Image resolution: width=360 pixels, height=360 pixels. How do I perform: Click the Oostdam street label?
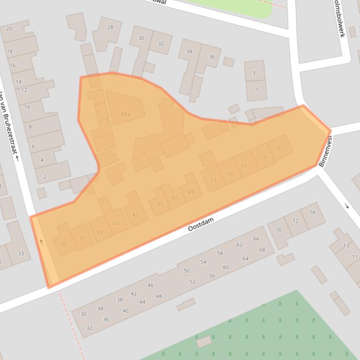[201, 224]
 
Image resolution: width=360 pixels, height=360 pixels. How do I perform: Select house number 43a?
[125, 114]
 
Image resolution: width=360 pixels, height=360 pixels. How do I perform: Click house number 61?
[280, 149]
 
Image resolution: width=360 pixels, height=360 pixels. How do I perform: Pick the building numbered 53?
[213, 180]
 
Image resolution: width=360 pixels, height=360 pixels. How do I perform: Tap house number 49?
[191, 192]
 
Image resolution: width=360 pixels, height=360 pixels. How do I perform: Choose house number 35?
[63, 244]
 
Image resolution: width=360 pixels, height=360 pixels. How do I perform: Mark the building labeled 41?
[116, 223]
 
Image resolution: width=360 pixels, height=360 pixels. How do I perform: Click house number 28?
[110, 27]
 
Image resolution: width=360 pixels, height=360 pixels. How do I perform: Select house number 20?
[9, 29]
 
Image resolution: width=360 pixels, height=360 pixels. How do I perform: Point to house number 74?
[312, 212]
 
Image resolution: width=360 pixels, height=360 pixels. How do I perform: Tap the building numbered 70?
[279, 230]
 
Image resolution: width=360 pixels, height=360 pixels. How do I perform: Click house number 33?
[21, 253]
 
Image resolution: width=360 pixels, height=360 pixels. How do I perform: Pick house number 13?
[346, 245]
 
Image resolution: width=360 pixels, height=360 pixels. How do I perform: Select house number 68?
[262, 250]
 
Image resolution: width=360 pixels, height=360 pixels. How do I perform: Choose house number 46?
[150, 285]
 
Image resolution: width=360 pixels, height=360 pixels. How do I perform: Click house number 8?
[30, 127]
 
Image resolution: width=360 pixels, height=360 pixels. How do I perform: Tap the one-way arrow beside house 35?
[41, 242]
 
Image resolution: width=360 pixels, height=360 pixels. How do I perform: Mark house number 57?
[244, 166]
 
